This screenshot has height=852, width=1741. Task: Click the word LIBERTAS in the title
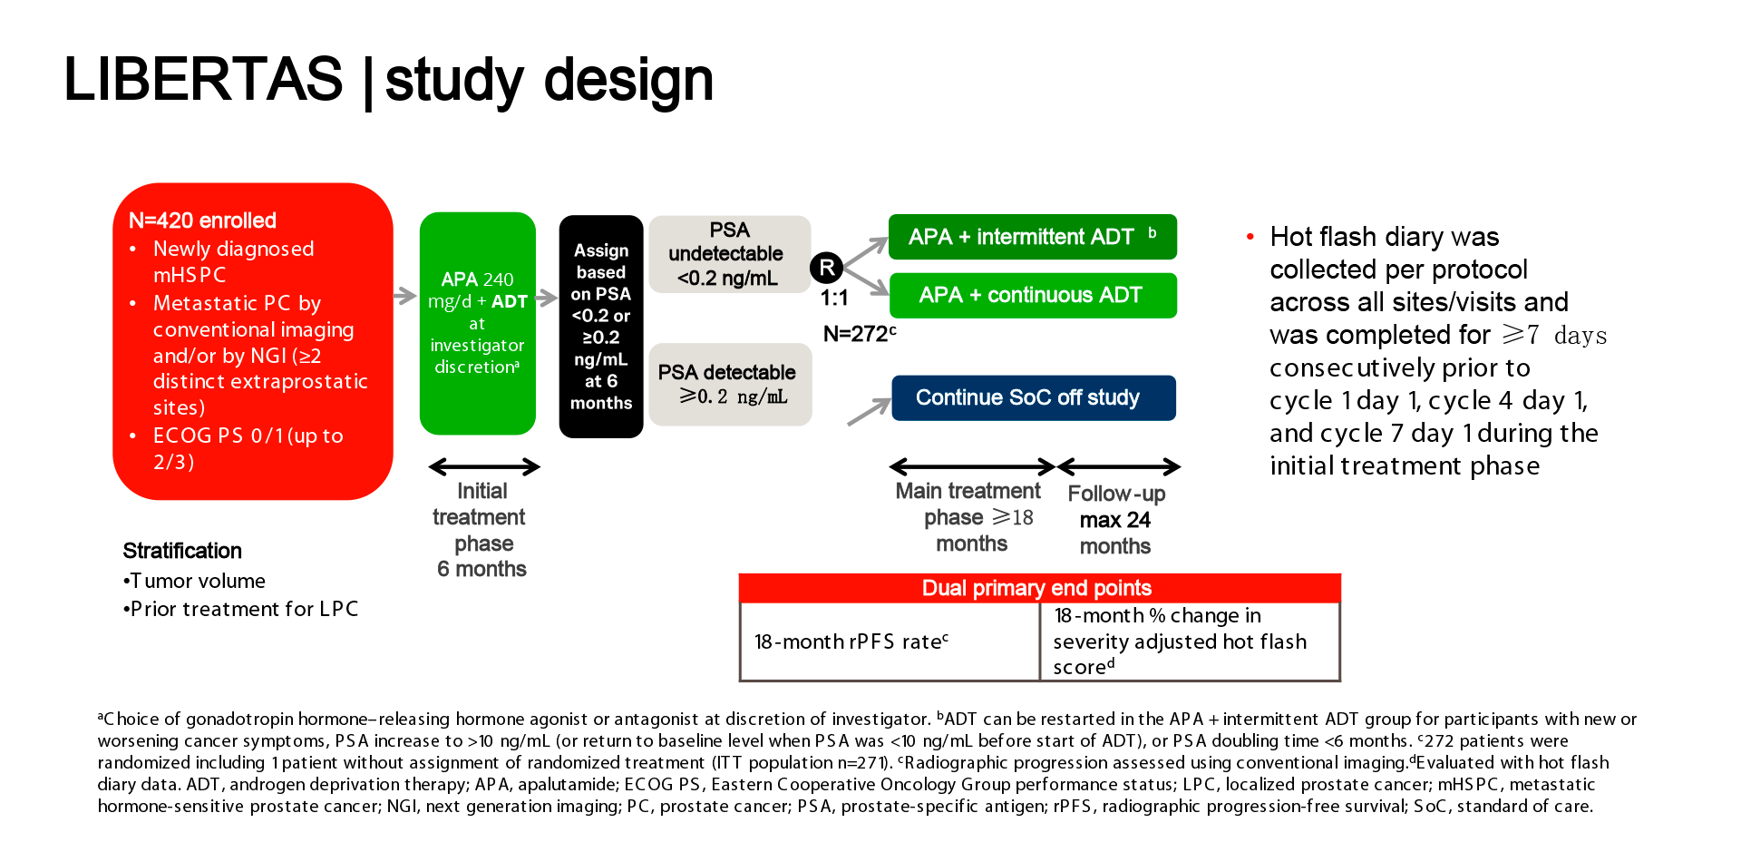click(x=203, y=79)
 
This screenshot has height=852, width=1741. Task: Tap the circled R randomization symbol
click(x=826, y=268)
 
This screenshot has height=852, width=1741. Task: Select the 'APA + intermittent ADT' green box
click(x=1032, y=237)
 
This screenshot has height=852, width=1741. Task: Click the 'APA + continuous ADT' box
click(x=1032, y=296)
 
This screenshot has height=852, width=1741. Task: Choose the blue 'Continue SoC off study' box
click(x=1033, y=397)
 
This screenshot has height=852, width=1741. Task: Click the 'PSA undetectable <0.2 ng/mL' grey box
click(x=729, y=254)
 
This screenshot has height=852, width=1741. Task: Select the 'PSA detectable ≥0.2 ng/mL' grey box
click(x=729, y=384)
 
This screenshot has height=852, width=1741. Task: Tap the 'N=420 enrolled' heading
click(x=202, y=220)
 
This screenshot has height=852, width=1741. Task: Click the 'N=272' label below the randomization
click(x=858, y=334)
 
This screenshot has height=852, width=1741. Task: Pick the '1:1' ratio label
click(x=834, y=298)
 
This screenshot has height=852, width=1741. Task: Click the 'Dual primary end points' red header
click(x=1038, y=588)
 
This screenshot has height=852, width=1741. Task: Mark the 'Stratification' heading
click(x=182, y=551)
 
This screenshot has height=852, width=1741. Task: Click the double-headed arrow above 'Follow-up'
click(x=1119, y=466)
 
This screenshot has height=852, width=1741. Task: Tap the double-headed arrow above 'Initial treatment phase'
click(x=483, y=467)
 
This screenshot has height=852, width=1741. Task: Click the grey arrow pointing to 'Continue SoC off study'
click(x=869, y=412)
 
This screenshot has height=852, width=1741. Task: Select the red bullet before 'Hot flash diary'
click(x=1250, y=237)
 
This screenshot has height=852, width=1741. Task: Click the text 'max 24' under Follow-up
click(x=1114, y=520)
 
